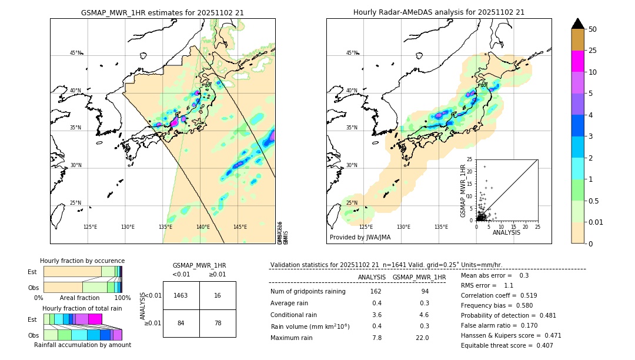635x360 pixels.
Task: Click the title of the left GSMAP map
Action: click(x=162, y=12)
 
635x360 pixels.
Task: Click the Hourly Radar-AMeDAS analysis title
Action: click(x=439, y=12)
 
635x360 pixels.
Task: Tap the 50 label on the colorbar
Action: click(x=593, y=29)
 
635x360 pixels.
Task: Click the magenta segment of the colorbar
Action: click(x=577, y=61)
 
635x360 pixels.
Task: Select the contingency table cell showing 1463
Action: click(x=181, y=295)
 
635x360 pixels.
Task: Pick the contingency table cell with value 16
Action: click(x=218, y=295)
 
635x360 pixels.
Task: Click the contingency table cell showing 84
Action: click(x=181, y=323)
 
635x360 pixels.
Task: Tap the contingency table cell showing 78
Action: click(x=218, y=323)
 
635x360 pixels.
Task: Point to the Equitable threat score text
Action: click(x=507, y=345)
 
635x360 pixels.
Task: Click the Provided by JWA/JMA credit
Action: click(x=360, y=237)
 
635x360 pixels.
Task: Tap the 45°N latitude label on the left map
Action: click(x=75, y=53)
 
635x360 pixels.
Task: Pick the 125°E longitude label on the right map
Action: click(x=366, y=227)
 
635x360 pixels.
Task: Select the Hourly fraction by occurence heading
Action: click(x=82, y=261)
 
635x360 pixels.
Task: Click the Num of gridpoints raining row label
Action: click(x=308, y=291)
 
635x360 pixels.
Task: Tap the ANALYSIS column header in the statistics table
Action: click(x=372, y=277)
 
